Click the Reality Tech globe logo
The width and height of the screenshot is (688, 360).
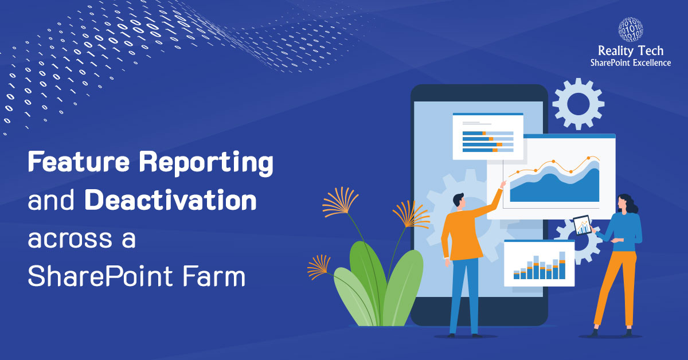630,32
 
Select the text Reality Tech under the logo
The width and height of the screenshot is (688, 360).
630,52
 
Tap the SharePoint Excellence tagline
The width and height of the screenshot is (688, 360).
630,62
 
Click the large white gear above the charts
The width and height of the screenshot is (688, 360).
578,104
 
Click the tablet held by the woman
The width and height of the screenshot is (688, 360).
581,225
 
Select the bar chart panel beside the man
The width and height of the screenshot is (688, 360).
539,263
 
